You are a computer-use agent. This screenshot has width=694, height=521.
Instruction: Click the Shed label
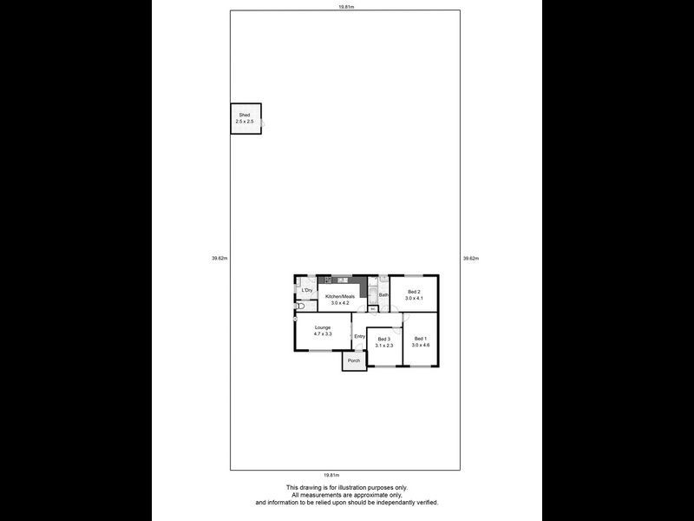tap(246, 115)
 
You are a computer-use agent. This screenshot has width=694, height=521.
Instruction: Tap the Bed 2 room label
tap(414, 292)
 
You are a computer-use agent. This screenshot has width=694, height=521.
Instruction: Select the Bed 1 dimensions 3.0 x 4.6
tap(421, 346)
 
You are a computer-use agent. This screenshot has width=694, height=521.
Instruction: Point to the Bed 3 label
tap(384, 339)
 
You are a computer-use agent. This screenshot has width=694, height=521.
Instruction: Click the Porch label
tap(353, 360)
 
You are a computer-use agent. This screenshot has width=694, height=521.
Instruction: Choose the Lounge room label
tap(323, 327)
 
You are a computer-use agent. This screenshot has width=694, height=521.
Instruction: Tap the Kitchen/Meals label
tap(340, 296)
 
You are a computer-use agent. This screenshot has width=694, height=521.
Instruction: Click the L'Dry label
tap(306, 290)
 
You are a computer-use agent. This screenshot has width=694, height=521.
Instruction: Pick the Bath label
tap(383, 295)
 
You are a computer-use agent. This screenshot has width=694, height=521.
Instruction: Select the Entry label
tap(359, 336)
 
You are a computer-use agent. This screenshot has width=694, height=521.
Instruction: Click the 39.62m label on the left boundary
tap(219, 258)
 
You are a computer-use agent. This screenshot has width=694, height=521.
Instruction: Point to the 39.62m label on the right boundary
tap(471, 258)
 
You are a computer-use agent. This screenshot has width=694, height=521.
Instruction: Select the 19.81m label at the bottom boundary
tap(331, 475)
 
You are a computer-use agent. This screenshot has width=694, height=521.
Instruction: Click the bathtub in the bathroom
tap(372, 293)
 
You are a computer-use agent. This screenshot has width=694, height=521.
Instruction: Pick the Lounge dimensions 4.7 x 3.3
tap(323, 333)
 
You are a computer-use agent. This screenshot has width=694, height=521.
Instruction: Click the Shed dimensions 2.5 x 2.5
tap(246, 122)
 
